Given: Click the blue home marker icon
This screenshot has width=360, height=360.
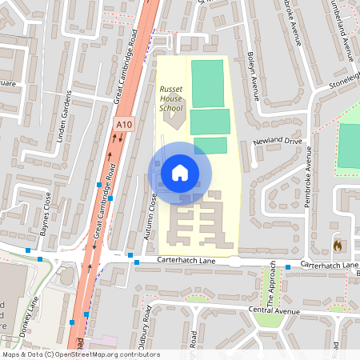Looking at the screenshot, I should click(180, 171).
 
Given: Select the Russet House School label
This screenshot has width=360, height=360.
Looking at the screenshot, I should click(170, 97).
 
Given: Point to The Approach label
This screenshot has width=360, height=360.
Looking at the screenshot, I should click(271, 283).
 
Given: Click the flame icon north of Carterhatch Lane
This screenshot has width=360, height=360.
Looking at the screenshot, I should click(338, 244).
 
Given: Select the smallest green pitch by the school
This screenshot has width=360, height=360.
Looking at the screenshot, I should click(210, 145).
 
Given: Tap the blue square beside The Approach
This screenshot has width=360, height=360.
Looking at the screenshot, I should click(288, 266).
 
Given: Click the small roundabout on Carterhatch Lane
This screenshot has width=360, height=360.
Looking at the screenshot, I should click(234, 262).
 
